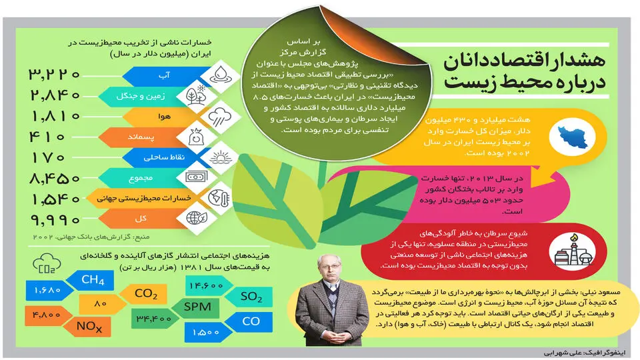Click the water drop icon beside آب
point(221,74)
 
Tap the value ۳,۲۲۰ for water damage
point(54,74)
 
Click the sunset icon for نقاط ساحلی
point(221,157)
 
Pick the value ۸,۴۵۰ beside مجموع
point(55,179)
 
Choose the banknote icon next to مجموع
point(197,177)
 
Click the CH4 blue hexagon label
point(91,280)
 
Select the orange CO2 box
point(144,294)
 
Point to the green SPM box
point(196,307)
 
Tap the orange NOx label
point(88,327)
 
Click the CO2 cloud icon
point(47,263)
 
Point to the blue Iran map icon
point(573,137)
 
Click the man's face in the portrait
point(329,269)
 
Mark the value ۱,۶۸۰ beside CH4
point(48,290)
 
